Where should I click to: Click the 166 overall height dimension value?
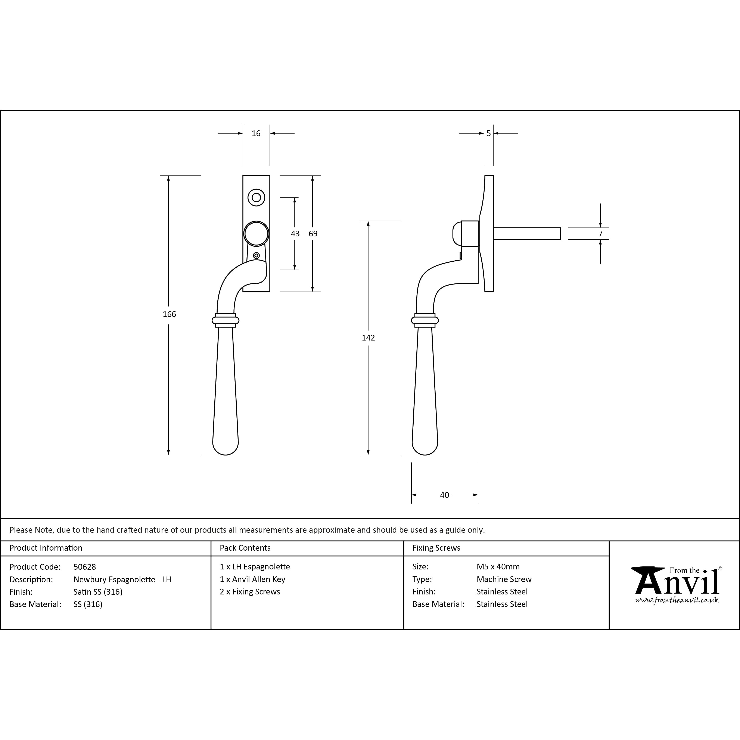coord(169,314)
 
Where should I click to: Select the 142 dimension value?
coord(368,338)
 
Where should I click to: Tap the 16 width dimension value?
coord(256,133)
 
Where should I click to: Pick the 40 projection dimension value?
coord(444,495)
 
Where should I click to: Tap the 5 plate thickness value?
coord(488,133)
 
